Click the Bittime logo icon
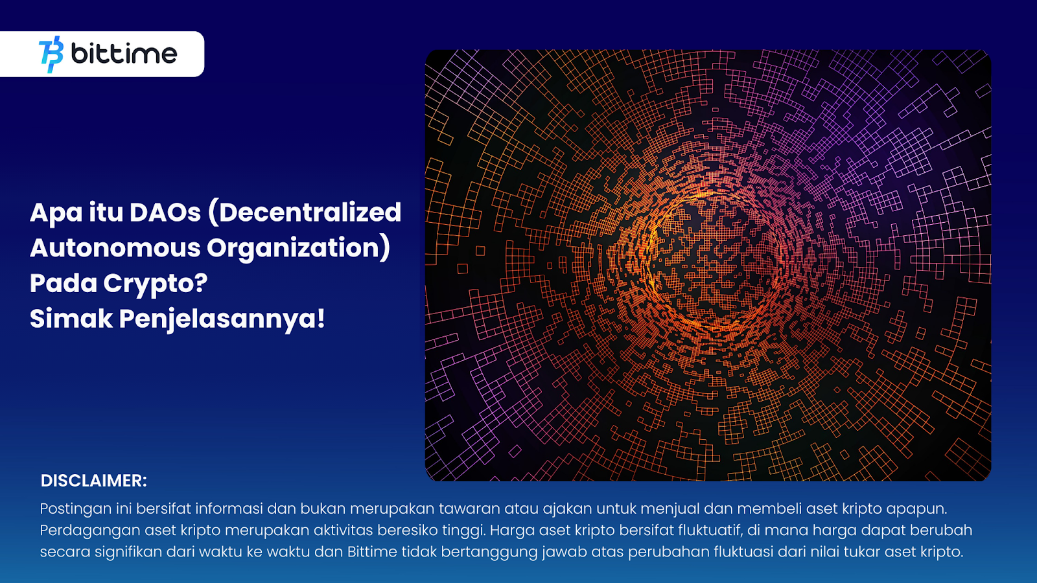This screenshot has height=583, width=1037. [x=51, y=54]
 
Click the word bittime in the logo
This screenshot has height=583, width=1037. [x=124, y=54]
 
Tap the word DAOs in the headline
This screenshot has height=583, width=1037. [x=165, y=212]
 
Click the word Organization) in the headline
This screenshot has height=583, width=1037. [x=298, y=248]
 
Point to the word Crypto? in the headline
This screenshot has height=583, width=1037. [x=155, y=284]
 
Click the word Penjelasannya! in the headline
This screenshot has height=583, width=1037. [x=222, y=319]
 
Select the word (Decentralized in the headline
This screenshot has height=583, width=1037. [x=305, y=212]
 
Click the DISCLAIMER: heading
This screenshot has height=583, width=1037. [x=93, y=481]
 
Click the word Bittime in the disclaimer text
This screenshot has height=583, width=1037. [x=372, y=552]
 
